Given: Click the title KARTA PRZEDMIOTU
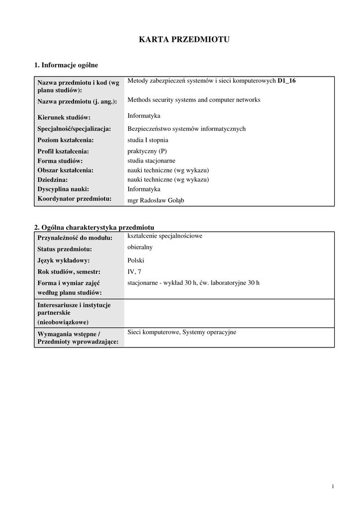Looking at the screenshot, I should (184, 40).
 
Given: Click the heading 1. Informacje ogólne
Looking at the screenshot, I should (66, 65).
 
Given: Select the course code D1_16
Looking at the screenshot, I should (286, 81).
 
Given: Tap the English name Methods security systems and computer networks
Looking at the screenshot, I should (193, 99).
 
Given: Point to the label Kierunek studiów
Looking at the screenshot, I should (64, 117).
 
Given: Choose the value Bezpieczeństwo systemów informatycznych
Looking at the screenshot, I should (186, 129).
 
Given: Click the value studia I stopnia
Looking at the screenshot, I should (148, 140).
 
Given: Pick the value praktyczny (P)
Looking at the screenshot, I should (147, 151).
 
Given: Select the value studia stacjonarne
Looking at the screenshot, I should (151, 161).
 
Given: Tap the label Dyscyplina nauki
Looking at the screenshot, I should (63, 189).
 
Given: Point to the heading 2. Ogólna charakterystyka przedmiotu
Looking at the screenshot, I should (94, 227).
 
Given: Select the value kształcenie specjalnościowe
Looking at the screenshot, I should (165, 236).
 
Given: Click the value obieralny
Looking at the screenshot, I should (140, 247).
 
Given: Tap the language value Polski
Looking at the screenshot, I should (136, 260).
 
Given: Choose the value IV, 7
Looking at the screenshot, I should (134, 271).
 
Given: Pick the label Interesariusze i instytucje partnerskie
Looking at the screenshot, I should (74, 309).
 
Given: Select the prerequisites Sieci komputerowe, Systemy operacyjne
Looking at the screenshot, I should (181, 332).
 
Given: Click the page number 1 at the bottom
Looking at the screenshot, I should (333, 486).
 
